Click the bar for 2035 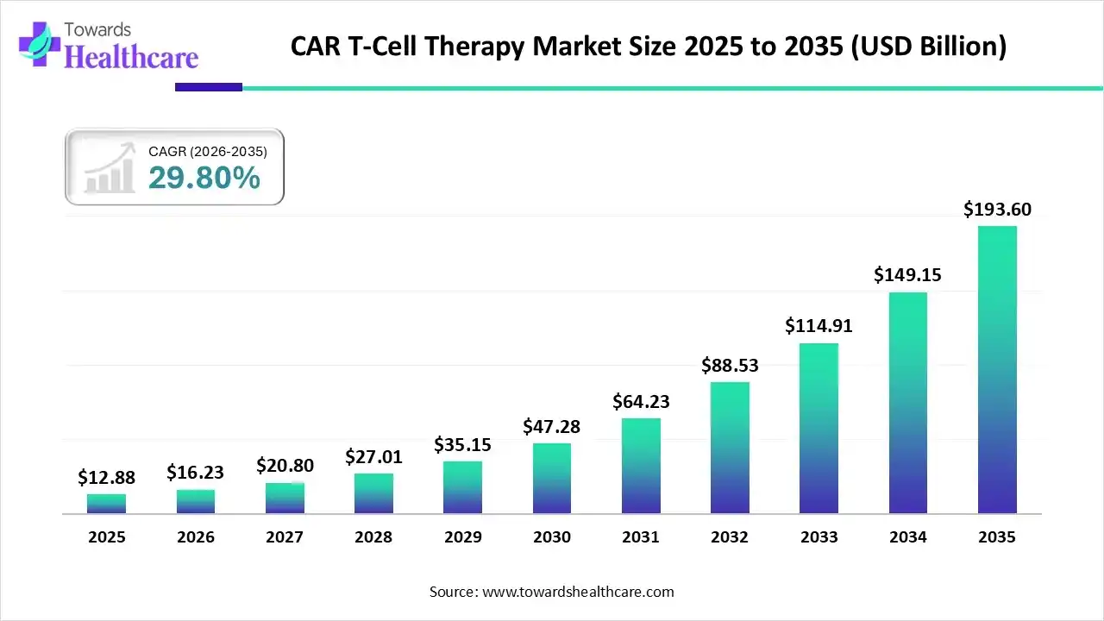(997, 370)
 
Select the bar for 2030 (551, 479)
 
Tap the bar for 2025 (106, 504)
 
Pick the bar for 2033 (819, 429)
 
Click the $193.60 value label (997, 209)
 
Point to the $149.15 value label (907, 274)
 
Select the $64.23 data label (641, 401)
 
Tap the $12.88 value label (106, 477)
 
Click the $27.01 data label (373, 455)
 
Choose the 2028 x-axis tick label (373, 536)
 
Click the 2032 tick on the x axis (730, 536)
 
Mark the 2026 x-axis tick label (195, 536)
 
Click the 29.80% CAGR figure (204, 178)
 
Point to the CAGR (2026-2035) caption (208, 151)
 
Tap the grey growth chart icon (110, 167)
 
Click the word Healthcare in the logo (132, 57)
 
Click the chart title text (648, 46)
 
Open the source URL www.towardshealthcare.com (576, 592)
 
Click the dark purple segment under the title (209, 87)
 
